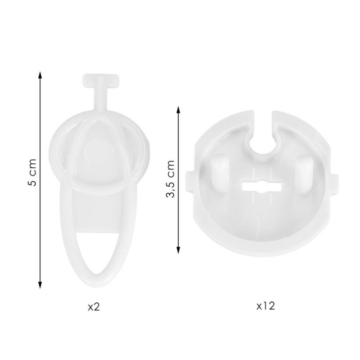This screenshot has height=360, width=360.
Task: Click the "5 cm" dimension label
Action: click(x=32, y=172)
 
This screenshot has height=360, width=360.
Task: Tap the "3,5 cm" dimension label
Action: click(x=171, y=179)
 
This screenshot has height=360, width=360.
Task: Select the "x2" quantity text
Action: click(x=94, y=307)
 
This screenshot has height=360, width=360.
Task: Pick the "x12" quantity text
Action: click(x=265, y=306)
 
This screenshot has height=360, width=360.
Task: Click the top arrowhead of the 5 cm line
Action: click(x=40, y=75)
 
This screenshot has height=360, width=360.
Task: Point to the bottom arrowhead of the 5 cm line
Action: click(x=40, y=285)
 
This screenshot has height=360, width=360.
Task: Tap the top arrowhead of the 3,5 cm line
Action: click(x=178, y=110)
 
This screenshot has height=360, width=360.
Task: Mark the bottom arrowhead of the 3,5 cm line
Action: click(x=178, y=250)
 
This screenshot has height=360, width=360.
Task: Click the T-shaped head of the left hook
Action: click(x=101, y=81)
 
